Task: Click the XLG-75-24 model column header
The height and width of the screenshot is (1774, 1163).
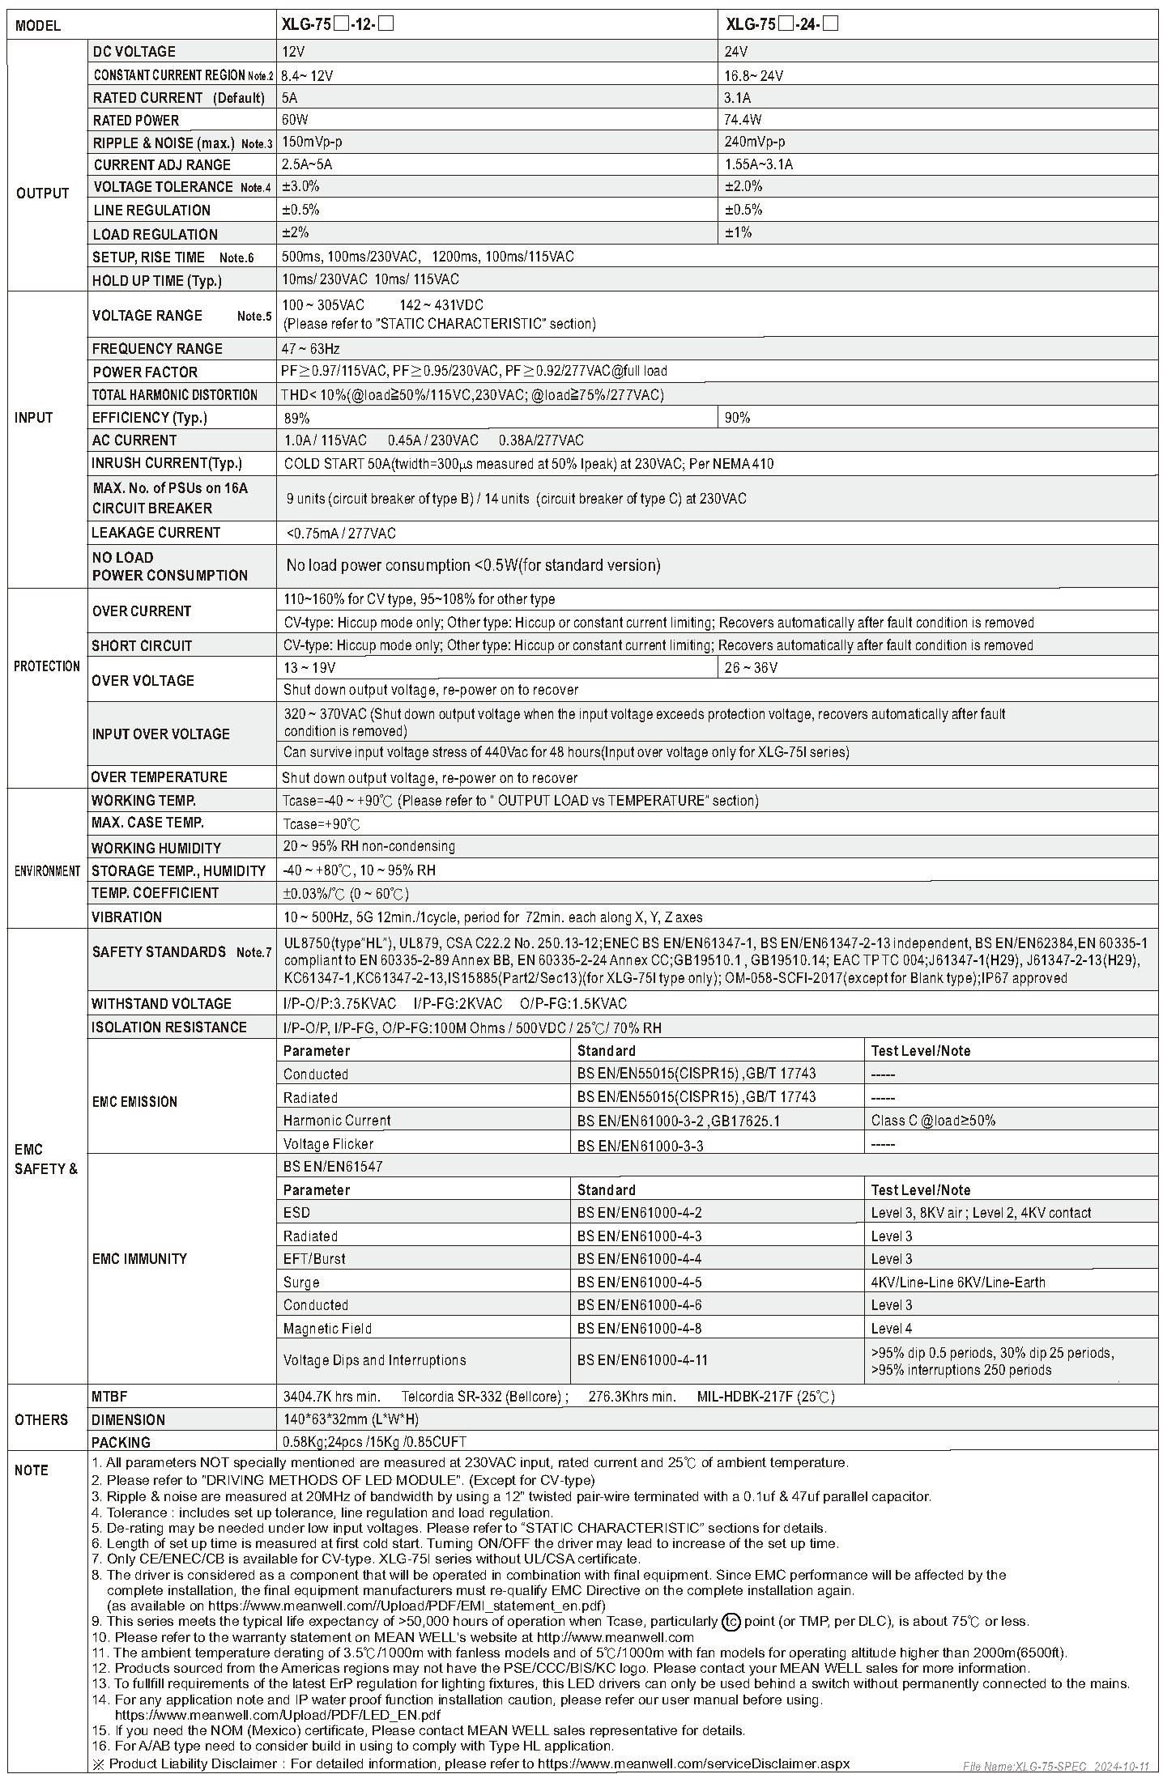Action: tap(782, 24)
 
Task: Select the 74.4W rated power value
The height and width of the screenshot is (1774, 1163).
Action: tap(743, 120)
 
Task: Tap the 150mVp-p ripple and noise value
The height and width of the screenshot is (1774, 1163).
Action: tap(312, 142)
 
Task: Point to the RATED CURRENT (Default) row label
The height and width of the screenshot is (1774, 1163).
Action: tap(178, 98)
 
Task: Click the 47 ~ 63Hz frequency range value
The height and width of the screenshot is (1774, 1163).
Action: tap(311, 349)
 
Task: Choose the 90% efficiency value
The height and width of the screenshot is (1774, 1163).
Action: tap(737, 418)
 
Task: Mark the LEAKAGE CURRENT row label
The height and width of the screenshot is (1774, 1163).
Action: tap(155, 533)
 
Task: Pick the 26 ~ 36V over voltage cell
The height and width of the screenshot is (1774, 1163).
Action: tap(751, 668)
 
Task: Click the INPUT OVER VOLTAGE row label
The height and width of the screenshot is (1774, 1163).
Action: tap(160, 734)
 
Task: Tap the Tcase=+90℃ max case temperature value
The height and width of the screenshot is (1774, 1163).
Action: tap(322, 824)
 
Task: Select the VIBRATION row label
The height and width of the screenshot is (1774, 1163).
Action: tap(126, 917)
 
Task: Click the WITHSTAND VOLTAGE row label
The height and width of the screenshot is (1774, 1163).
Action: tap(161, 1004)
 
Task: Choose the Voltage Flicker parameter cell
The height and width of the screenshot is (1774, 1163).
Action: tap(328, 1144)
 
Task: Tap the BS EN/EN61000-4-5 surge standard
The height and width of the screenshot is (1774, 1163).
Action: tap(639, 1283)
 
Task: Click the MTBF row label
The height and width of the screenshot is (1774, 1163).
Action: tap(109, 1397)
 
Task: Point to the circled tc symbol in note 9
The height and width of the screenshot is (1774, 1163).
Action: tap(731, 1622)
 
